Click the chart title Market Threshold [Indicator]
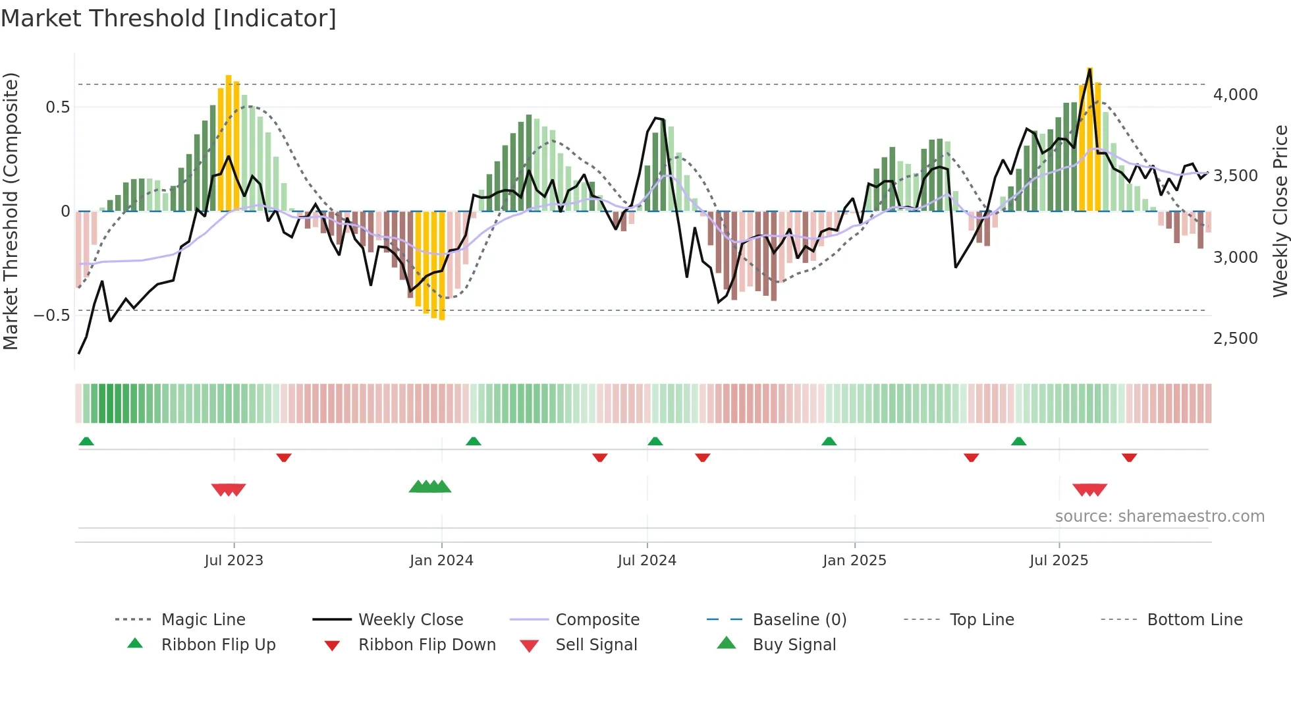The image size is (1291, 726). [169, 18]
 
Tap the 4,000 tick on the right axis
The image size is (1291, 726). [1235, 95]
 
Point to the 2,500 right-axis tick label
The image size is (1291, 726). [1235, 339]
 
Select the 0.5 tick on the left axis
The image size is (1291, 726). [57, 107]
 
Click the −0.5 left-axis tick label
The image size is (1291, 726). [52, 315]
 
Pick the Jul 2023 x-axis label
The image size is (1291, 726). [234, 561]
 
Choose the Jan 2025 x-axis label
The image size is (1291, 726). [854, 561]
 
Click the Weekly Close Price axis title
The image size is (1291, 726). [1280, 211]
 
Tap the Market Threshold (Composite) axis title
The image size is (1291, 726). [11, 211]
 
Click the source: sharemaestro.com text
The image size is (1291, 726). [1159, 517]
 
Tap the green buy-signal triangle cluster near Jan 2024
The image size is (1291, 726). [430, 488]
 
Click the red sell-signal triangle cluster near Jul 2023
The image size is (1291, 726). [229, 489]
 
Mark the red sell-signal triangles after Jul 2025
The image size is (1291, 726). [1089, 489]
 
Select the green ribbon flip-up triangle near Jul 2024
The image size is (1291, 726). [655, 441]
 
